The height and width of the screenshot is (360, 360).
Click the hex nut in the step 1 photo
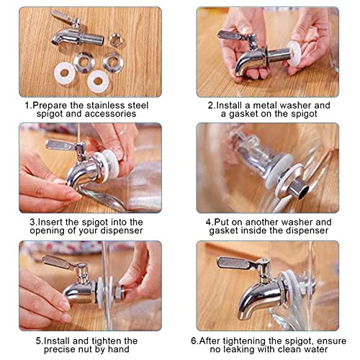pyautogui.click(x=116, y=40)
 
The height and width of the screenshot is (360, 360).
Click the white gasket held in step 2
pyautogui.click(x=293, y=53)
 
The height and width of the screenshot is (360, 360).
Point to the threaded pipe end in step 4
pyautogui.click(x=300, y=189)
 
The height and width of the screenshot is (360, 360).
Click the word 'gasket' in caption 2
pyautogui.click(x=243, y=114)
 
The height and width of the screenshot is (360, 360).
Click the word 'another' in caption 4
pyautogui.click(x=261, y=222)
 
